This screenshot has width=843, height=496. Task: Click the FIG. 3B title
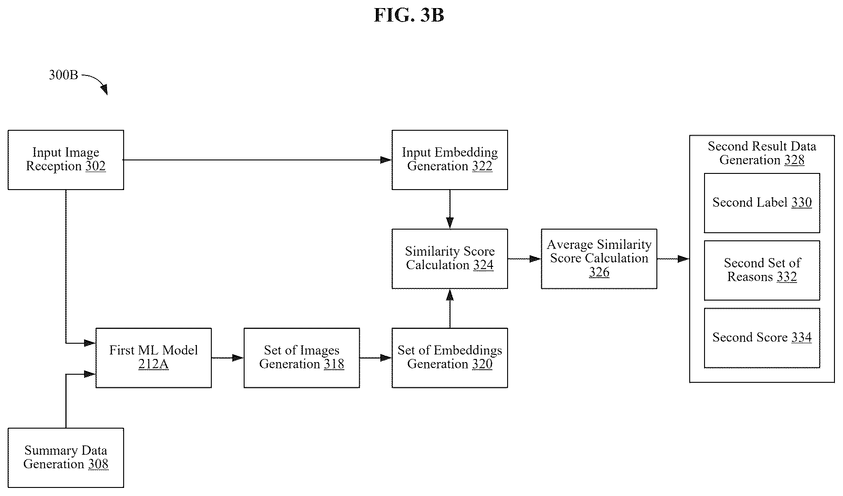coord(409,15)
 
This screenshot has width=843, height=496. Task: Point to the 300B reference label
coord(63,75)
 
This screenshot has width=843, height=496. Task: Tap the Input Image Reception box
coord(66,160)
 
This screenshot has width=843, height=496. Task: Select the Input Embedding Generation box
coord(450,160)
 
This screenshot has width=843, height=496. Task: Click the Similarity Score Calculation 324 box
coord(450,259)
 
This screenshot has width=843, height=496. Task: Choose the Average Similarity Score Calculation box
coord(599,259)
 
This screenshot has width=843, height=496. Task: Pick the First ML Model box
coord(153,358)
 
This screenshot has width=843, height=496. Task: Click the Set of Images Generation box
coord(302,358)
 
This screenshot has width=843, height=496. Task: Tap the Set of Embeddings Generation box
coord(450,358)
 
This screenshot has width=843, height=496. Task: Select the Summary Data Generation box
coord(66,458)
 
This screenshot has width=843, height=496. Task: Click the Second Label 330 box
coord(762,203)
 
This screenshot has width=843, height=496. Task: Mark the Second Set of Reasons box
coord(762,270)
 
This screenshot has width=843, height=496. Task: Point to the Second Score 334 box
coord(762,338)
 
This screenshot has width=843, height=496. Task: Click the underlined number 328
coord(794,160)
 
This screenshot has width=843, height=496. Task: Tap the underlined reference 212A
coord(153,364)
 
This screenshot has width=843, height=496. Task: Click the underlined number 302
coord(95,166)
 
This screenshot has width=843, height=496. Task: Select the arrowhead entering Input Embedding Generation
coord(386,160)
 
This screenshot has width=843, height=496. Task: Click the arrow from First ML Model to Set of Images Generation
coord(227,358)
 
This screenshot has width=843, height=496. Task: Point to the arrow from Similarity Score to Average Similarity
coord(524,259)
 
